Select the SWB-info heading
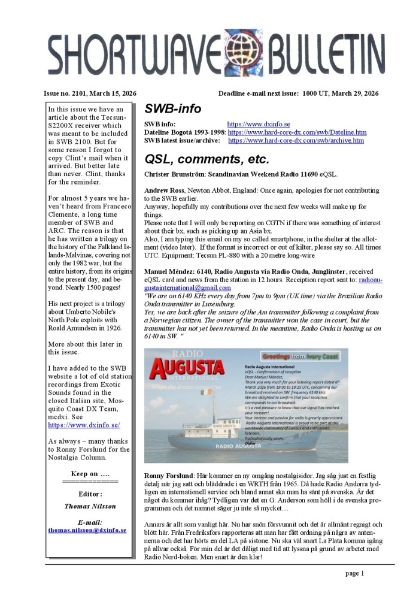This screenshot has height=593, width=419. tap(172, 109)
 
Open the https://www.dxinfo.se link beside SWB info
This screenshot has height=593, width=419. tap(259, 124)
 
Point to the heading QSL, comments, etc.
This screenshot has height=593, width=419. tap(207, 159)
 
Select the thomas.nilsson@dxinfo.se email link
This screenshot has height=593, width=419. tap(87, 530)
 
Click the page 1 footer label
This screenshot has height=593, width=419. tap(354, 573)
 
